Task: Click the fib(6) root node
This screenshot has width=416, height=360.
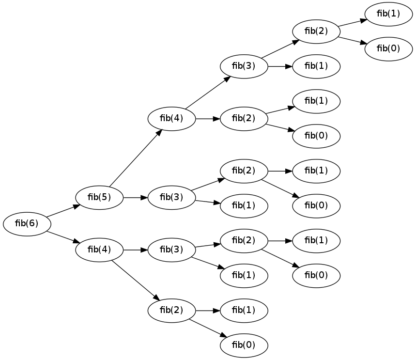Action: [x=27, y=223]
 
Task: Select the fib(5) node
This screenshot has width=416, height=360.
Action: [x=99, y=197]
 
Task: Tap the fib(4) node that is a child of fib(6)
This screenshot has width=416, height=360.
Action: [x=99, y=250]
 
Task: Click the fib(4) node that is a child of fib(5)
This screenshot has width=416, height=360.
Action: [x=171, y=118]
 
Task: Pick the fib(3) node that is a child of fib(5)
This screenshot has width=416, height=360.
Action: [x=171, y=197]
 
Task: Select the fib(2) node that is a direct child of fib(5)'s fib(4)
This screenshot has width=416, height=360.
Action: [x=244, y=118]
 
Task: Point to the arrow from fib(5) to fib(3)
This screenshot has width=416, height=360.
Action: [x=135, y=197]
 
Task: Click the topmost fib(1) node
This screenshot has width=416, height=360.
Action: [x=388, y=14]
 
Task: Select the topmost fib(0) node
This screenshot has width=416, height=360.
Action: [x=388, y=48]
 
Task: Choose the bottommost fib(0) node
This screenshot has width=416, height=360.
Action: [x=244, y=345]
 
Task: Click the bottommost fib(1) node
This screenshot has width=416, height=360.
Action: [x=244, y=310]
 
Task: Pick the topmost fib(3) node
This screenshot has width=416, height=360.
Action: [x=244, y=66]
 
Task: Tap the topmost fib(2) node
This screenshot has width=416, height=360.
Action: [x=316, y=31]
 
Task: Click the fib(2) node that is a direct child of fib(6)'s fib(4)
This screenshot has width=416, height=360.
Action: [x=171, y=310]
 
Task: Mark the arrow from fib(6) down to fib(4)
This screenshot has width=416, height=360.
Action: [x=62, y=237]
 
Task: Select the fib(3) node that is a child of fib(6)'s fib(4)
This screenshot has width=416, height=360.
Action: [x=171, y=250]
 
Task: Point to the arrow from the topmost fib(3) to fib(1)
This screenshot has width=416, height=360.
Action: [x=280, y=66]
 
